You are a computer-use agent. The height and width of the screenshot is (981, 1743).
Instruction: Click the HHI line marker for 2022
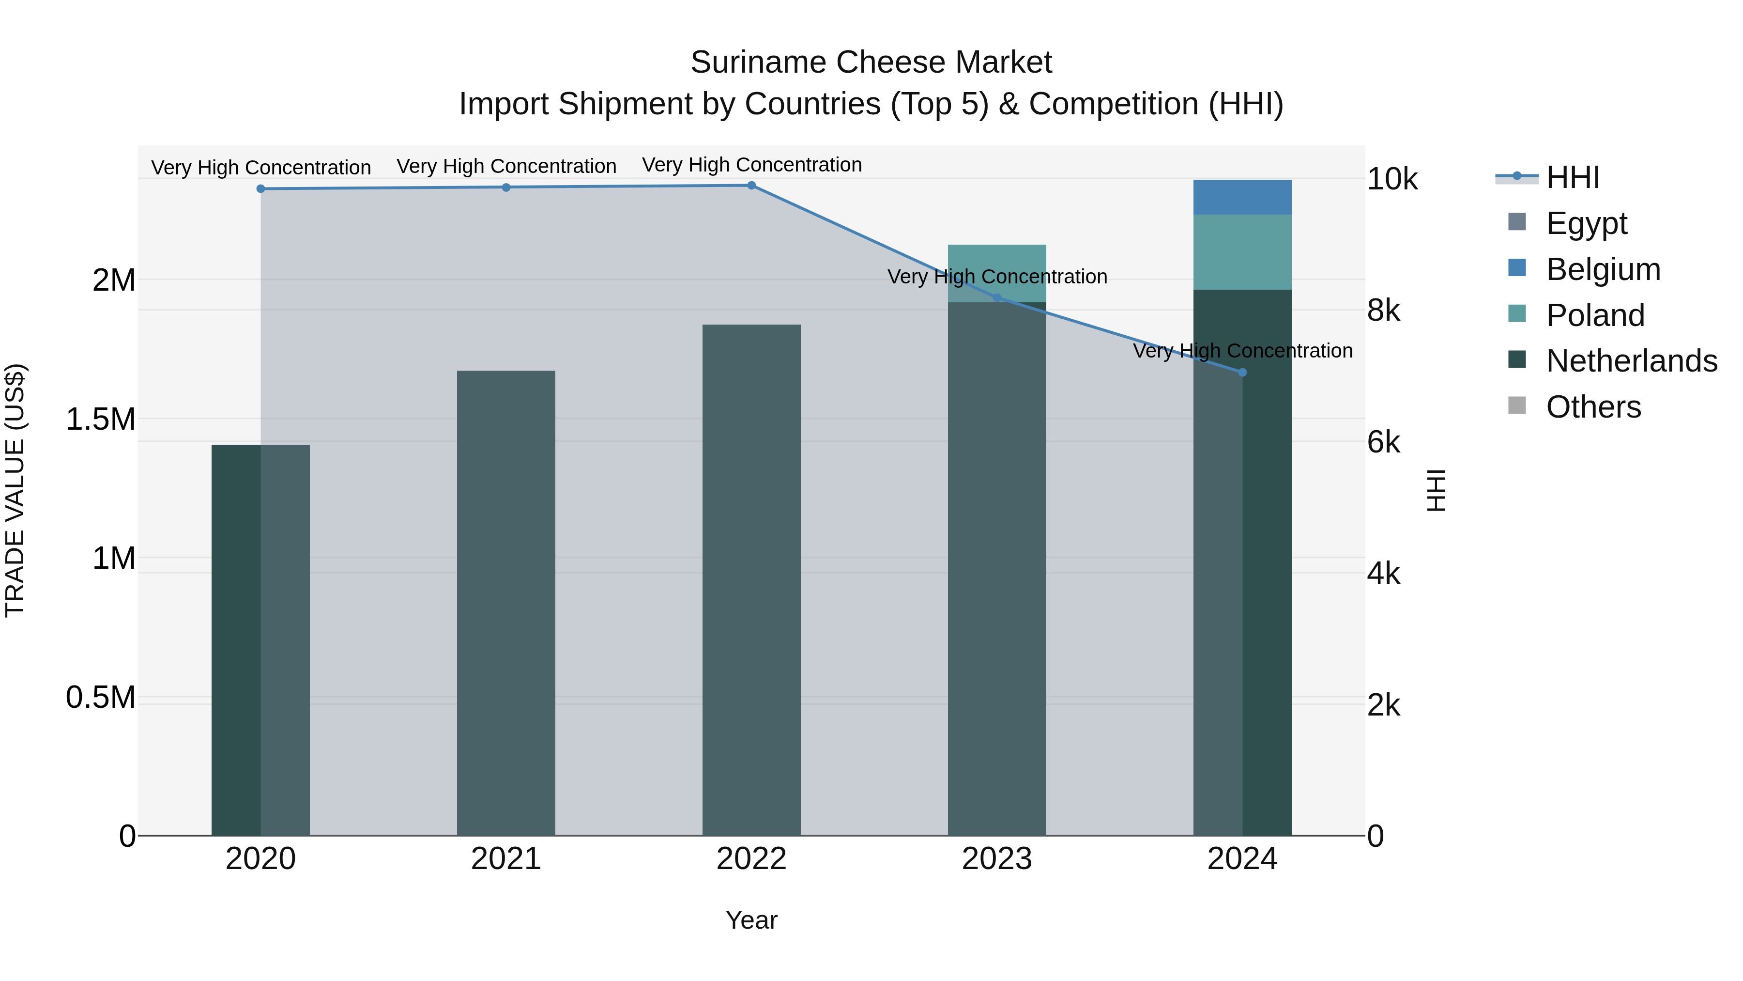(751, 186)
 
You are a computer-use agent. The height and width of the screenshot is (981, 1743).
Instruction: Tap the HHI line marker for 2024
(1242, 373)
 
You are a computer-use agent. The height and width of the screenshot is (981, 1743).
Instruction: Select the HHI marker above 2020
(260, 189)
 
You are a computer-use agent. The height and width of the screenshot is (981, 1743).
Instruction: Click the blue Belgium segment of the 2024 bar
(1242, 197)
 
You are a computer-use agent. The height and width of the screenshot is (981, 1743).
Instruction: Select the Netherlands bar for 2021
(506, 603)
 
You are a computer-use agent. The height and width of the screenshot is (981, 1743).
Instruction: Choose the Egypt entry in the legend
(1586, 223)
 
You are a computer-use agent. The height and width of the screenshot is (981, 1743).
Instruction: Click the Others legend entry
(1593, 407)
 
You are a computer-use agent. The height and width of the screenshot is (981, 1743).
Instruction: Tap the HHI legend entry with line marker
(1573, 177)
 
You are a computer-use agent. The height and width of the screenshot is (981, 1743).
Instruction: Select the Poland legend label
(1595, 315)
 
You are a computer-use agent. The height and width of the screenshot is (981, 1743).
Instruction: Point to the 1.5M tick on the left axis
(100, 419)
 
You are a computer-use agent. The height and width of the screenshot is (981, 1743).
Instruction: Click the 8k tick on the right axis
(1383, 311)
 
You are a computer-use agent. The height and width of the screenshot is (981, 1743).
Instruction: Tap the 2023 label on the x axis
(997, 859)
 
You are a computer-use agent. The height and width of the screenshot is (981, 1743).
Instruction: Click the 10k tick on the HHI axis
(1392, 179)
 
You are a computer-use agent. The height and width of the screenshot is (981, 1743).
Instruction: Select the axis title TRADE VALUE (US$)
(15, 490)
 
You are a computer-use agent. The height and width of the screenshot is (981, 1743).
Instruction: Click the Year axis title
(751, 920)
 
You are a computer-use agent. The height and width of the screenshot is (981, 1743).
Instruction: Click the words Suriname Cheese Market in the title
(871, 62)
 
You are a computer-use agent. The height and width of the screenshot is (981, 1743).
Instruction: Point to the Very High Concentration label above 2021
(506, 166)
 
